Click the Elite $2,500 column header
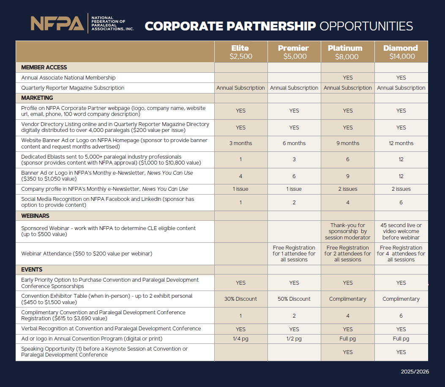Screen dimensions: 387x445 point(240,52)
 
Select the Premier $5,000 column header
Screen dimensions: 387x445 point(294,52)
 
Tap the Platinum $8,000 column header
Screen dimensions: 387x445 point(347,52)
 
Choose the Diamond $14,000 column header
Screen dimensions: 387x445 point(401,52)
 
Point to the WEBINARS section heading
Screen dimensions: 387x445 point(35,216)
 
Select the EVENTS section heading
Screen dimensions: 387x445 point(32,269)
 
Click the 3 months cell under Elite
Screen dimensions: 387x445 point(240,143)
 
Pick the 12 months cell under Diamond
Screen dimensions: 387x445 point(401,143)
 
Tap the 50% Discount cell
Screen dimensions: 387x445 point(294,299)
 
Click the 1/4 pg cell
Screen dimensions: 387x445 point(240,339)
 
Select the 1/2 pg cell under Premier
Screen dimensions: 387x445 point(294,339)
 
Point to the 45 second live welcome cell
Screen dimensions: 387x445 point(401,231)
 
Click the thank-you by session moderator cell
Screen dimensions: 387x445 point(347,231)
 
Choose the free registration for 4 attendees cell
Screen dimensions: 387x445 point(401,254)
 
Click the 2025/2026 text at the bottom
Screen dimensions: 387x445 point(415,371)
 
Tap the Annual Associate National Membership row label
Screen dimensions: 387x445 point(68,78)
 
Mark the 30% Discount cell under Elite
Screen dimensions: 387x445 point(240,299)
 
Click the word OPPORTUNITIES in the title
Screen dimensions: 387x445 point(366,26)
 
